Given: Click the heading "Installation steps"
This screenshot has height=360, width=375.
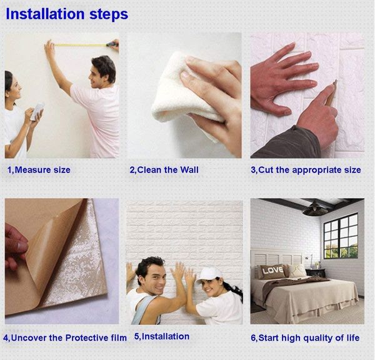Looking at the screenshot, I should click(67, 14).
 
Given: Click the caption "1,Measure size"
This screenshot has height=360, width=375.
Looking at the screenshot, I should click(39, 170).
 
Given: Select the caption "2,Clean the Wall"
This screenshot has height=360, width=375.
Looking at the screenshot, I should click(164, 170).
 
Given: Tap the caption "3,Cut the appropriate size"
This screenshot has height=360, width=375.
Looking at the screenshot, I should click(306, 170).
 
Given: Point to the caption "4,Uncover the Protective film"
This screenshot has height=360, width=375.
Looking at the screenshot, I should click(65, 337).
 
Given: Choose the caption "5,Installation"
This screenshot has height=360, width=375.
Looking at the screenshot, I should click(161, 336).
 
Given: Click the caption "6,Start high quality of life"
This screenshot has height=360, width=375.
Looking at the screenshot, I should click(305, 337).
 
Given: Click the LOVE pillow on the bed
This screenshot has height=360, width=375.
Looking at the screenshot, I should click(272, 271).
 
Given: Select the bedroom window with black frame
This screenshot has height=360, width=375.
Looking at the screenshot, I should click(340, 236).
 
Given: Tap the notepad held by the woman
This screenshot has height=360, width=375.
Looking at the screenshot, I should click(38, 111).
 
